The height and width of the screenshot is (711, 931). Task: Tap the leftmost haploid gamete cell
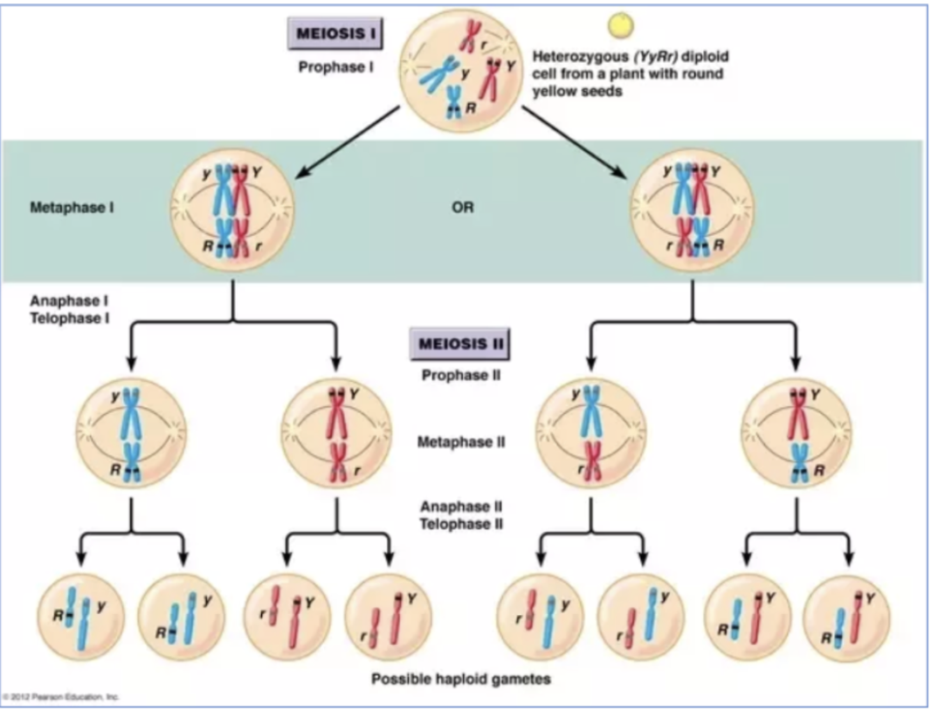tap(80, 617)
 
